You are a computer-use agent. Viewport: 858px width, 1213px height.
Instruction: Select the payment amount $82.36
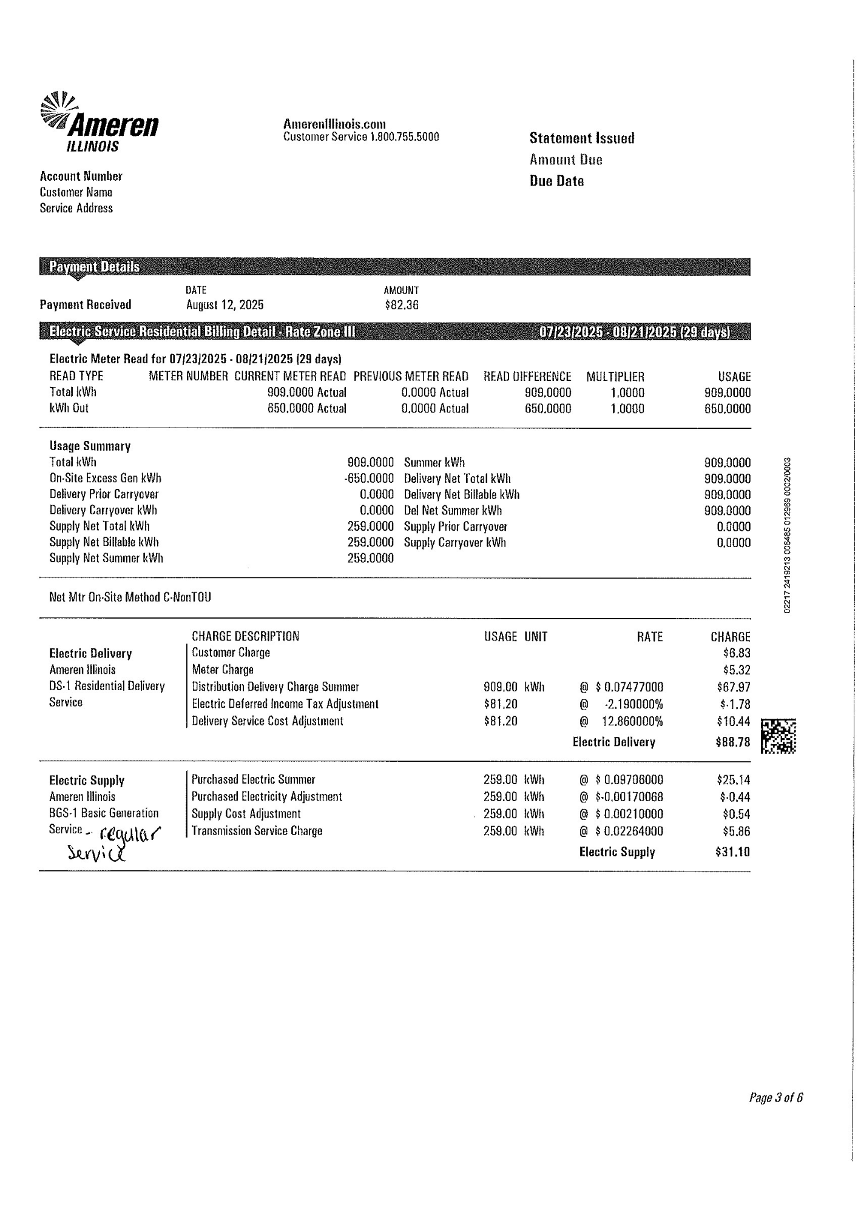coord(401,305)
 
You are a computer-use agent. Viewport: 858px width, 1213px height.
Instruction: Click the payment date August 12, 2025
coord(225,305)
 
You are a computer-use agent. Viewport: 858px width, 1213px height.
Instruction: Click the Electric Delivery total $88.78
coord(733,742)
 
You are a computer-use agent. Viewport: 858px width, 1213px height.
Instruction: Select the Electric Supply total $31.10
coord(733,852)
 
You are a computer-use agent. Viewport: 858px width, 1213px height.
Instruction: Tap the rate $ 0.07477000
coord(629,687)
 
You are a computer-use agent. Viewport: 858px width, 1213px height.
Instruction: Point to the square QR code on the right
coord(779,736)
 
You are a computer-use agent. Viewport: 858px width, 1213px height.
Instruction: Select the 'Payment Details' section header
coord(94,267)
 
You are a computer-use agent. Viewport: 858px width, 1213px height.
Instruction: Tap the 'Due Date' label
coord(556,181)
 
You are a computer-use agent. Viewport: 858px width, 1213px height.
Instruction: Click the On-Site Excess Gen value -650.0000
coord(369,479)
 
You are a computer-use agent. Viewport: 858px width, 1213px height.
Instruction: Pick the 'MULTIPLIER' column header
coord(615,377)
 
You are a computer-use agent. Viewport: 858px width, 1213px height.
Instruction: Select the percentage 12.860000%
coord(632,722)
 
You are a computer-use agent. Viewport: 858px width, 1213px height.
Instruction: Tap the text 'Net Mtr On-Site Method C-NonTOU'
coord(130,597)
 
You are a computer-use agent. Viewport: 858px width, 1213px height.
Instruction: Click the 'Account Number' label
coord(81,176)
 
